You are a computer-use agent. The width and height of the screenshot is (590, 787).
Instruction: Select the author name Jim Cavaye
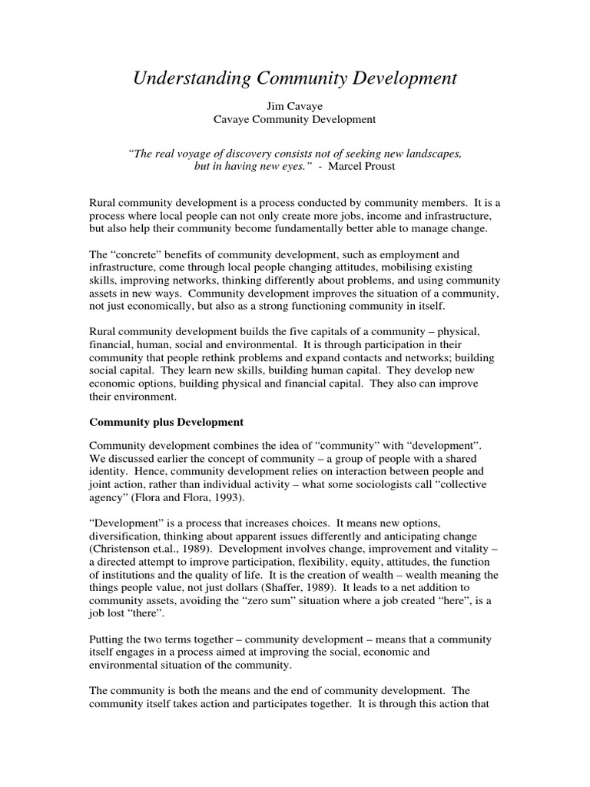click(294, 106)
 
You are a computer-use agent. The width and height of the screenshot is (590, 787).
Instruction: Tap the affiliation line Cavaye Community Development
click(294, 120)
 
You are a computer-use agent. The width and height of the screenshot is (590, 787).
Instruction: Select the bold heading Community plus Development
click(167, 422)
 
